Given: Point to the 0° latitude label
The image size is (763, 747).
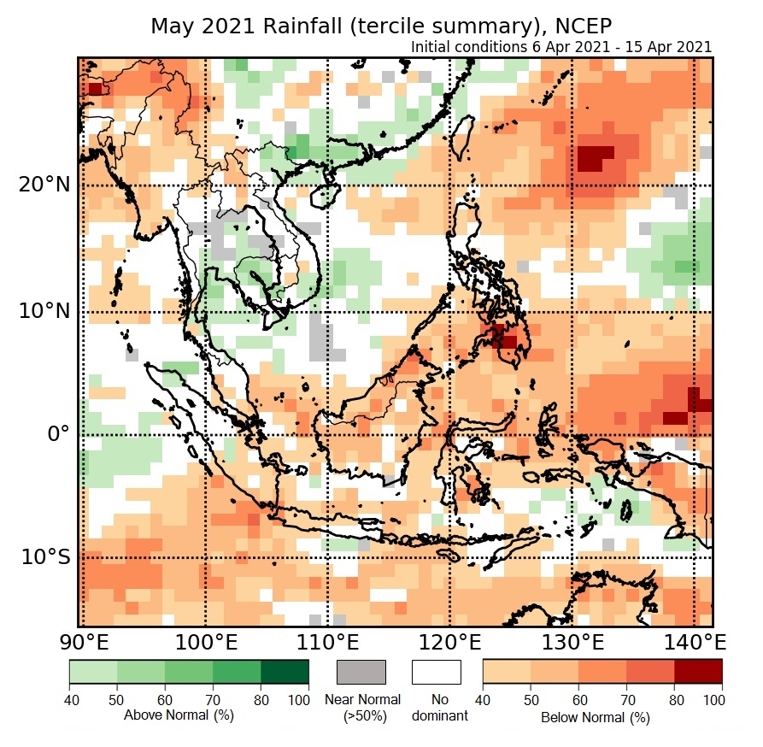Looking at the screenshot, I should (x=56, y=434).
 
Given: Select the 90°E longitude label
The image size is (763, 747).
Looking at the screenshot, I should (x=82, y=641).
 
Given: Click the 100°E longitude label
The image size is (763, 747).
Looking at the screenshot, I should (x=206, y=641).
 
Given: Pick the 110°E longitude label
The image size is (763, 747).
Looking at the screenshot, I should (x=329, y=641).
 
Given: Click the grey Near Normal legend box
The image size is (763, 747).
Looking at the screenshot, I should (x=361, y=672).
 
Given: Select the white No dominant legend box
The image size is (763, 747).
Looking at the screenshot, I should (x=437, y=672).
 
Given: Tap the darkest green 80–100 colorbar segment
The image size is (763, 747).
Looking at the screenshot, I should (x=285, y=672).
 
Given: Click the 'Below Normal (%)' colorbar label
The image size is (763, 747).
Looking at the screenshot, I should (x=596, y=717).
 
